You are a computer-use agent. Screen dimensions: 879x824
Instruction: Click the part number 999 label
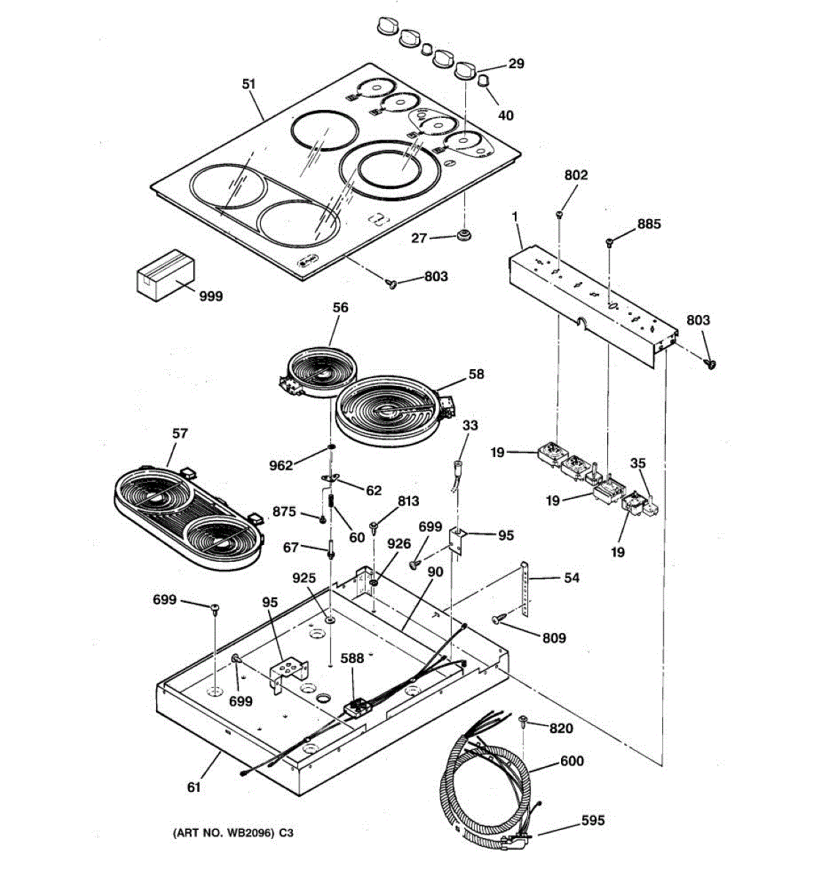(211, 296)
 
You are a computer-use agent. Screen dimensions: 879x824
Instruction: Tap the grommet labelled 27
(463, 236)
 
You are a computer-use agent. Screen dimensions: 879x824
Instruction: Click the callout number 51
(249, 84)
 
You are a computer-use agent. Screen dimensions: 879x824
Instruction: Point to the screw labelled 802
(560, 214)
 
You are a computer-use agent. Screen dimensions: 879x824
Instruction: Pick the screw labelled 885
(609, 242)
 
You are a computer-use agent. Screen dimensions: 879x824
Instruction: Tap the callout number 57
(179, 433)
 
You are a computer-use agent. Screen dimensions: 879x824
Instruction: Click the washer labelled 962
(331, 447)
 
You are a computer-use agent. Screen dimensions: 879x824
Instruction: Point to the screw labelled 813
(374, 526)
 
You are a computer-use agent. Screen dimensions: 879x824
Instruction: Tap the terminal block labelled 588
(357, 708)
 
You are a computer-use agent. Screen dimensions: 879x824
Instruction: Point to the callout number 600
(571, 761)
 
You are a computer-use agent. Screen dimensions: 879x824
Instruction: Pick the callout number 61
(193, 787)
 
